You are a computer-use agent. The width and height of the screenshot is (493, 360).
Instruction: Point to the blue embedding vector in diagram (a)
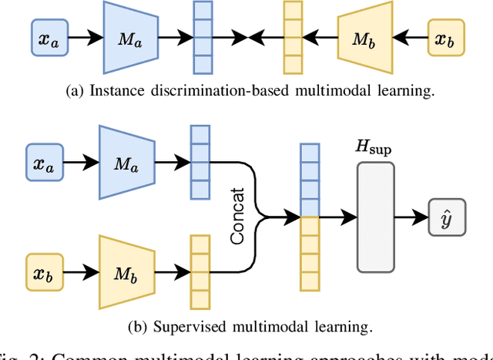202,37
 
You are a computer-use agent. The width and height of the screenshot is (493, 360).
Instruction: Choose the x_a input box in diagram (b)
48,163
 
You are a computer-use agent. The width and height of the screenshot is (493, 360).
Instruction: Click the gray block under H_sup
375,217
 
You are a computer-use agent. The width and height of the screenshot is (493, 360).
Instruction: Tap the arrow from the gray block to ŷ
411,217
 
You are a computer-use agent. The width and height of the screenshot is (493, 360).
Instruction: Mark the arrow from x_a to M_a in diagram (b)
82,163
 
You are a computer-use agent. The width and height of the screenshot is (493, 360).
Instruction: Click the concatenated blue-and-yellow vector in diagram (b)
308,217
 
